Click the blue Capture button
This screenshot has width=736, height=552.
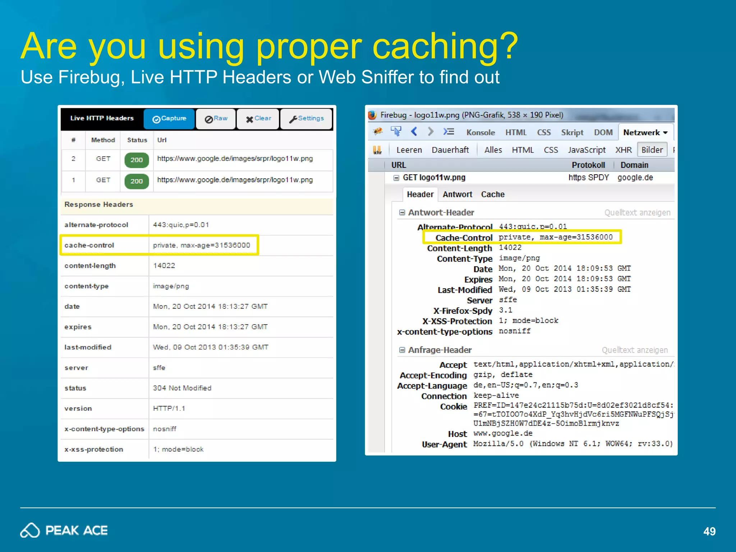169,119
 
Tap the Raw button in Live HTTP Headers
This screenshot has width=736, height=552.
216,119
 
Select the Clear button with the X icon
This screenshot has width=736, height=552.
258,119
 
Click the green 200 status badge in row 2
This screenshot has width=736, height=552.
137,160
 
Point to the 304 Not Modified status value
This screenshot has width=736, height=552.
182,388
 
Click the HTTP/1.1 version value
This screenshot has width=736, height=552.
169,409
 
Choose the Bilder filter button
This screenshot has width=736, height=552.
652,150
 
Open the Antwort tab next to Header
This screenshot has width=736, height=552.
457,194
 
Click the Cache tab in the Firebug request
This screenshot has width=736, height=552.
493,194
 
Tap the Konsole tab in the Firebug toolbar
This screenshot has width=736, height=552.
480,133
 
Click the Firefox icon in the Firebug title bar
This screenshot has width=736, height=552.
372,115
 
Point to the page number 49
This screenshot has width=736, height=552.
709,532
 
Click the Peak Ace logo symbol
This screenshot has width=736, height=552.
30,530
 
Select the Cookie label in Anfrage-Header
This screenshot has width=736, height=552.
453,406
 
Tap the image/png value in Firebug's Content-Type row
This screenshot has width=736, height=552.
519,258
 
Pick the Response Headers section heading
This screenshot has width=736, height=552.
99,204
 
